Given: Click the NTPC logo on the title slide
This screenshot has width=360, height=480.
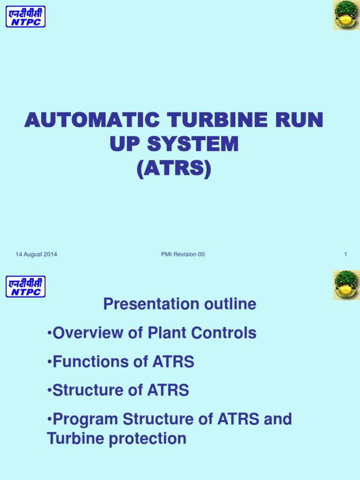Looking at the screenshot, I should coord(25,16).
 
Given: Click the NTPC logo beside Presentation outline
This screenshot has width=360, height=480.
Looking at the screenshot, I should coord(25,286).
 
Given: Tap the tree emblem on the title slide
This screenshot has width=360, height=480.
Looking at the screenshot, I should coord(346,15).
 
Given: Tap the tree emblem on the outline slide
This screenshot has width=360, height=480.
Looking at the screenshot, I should coord(346,285).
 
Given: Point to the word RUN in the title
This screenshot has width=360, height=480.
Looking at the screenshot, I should coord(301,120).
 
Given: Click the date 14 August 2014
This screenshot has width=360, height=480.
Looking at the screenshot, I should coord(37,255).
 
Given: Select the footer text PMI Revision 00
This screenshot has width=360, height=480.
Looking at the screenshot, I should coord(182,255).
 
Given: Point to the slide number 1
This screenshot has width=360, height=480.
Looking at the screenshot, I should coord(345,255).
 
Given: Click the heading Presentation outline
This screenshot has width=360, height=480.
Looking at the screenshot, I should coord(180,304).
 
